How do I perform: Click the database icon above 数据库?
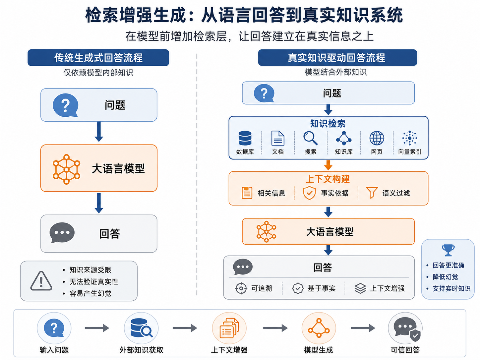[x=245, y=138]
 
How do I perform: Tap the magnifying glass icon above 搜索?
[x=310, y=138]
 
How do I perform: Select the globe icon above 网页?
[x=377, y=138]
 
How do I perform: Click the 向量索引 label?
[x=409, y=151]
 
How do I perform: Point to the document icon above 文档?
[x=278, y=138]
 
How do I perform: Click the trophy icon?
[x=448, y=250]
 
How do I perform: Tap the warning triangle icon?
[x=41, y=281]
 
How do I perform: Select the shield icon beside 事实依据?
[x=309, y=193]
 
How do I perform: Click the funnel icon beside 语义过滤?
[x=372, y=193]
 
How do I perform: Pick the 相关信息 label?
[x=271, y=193]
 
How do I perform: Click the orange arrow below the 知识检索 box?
[x=328, y=165]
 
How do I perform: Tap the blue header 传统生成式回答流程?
[x=98, y=58]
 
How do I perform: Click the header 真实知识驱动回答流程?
[x=337, y=58]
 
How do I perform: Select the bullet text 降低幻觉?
[x=445, y=277]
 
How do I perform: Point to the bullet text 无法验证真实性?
[x=94, y=281]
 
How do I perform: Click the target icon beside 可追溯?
[x=241, y=288]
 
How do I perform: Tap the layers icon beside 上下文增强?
[x=360, y=288]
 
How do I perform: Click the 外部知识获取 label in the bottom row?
[x=141, y=350]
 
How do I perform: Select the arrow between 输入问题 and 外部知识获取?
[x=97, y=328]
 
